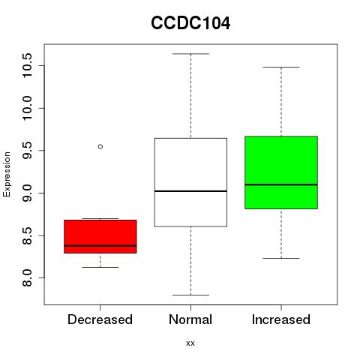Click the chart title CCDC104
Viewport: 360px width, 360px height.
[x=190, y=23]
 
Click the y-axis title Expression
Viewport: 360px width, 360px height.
[x=7, y=174]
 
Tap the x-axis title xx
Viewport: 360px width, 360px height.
[x=190, y=343]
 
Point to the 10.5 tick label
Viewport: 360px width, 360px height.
[x=27, y=65]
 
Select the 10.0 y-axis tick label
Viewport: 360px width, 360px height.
[x=27, y=108]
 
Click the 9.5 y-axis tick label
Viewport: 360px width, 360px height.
[x=27, y=150]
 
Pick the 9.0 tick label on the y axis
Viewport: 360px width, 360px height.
[x=27, y=193]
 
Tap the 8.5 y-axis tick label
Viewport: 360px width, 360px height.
[x=27, y=235]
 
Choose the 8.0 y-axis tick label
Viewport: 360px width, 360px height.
[x=27, y=277]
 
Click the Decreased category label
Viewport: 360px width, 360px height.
[x=100, y=319]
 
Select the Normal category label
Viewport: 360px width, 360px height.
[x=190, y=319]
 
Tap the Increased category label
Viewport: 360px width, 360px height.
[x=281, y=319]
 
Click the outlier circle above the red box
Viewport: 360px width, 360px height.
[x=100, y=146]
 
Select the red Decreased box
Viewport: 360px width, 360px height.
[x=100, y=236]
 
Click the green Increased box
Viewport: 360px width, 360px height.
[x=281, y=172]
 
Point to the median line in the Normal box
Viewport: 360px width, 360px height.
[x=190, y=191]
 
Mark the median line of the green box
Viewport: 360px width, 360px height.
[x=281, y=184]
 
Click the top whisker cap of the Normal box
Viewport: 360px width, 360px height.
[x=190, y=53]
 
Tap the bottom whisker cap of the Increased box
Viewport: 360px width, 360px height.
[x=281, y=258]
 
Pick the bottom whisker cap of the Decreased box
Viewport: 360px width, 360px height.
[x=100, y=267]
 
